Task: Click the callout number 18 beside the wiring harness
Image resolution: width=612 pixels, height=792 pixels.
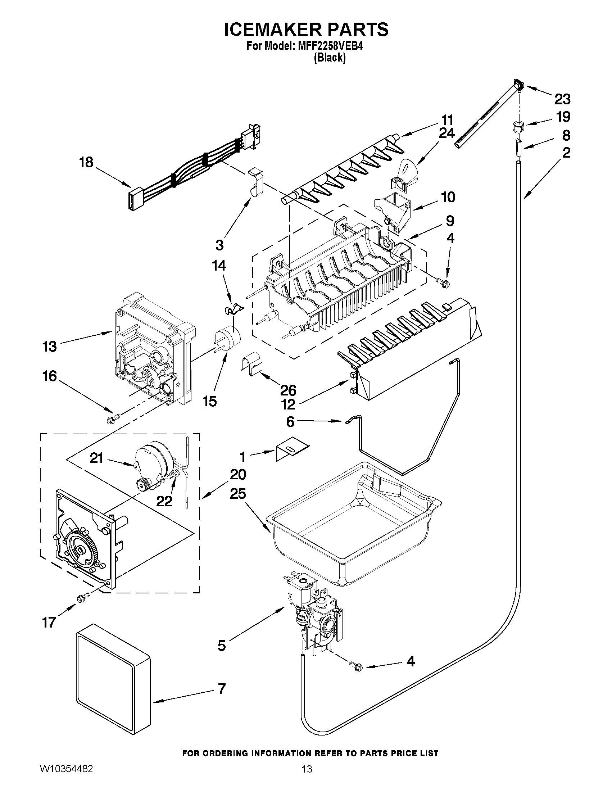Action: [86, 162]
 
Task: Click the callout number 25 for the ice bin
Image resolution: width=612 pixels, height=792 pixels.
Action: [238, 494]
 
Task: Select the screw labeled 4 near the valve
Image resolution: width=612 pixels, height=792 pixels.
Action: [355, 674]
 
